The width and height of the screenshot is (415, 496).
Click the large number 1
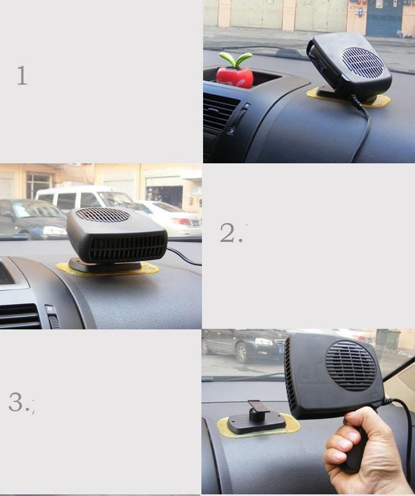22,75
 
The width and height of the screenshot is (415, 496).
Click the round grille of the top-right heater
362,63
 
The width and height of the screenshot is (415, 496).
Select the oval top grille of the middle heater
103,215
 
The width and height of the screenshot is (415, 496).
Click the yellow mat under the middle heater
107,270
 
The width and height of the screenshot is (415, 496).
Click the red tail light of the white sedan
181,221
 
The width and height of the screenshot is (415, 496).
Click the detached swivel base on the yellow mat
258,418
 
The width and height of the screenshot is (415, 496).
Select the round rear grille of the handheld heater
351,366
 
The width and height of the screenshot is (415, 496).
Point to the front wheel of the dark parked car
242,353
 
